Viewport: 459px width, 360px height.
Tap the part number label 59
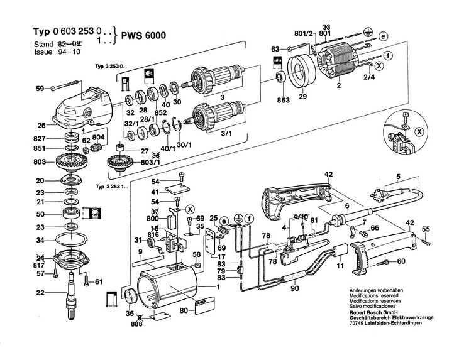[39, 89]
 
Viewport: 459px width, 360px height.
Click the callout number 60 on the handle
[401, 261]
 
